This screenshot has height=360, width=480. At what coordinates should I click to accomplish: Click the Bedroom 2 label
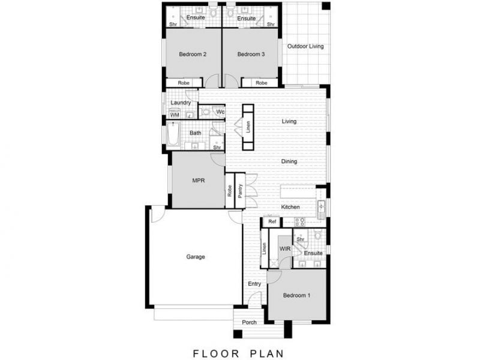(193, 54)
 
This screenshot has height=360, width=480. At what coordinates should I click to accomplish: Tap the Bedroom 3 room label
(251, 54)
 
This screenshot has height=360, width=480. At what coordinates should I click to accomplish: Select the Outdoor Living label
(305, 46)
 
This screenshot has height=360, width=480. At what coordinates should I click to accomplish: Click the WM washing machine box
(175, 115)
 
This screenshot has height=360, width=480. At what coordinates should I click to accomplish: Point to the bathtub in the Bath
(173, 134)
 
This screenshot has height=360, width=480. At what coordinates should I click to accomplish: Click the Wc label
(220, 112)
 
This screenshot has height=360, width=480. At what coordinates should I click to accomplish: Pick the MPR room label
(199, 181)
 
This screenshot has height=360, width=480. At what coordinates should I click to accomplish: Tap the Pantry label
(241, 191)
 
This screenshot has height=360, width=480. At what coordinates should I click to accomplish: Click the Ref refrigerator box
(272, 221)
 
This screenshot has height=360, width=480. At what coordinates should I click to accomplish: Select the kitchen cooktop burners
(299, 221)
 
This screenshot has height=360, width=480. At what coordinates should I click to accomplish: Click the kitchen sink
(321, 209)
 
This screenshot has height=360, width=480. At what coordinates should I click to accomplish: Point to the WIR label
(284, 249)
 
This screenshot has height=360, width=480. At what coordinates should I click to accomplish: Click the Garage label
(196, 257)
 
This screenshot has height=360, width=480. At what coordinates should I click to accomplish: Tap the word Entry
(254, 284)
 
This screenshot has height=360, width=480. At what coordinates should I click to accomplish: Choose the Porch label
(249, 322)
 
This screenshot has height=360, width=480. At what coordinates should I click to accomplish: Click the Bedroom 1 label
(296, 295)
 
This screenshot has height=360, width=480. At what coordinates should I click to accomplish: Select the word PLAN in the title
(267, 353)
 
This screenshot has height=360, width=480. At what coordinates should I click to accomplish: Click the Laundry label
(181, 103)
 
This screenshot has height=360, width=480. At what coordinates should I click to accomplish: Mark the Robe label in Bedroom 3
(262, 83)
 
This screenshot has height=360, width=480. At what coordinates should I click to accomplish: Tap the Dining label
(289, 161)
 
